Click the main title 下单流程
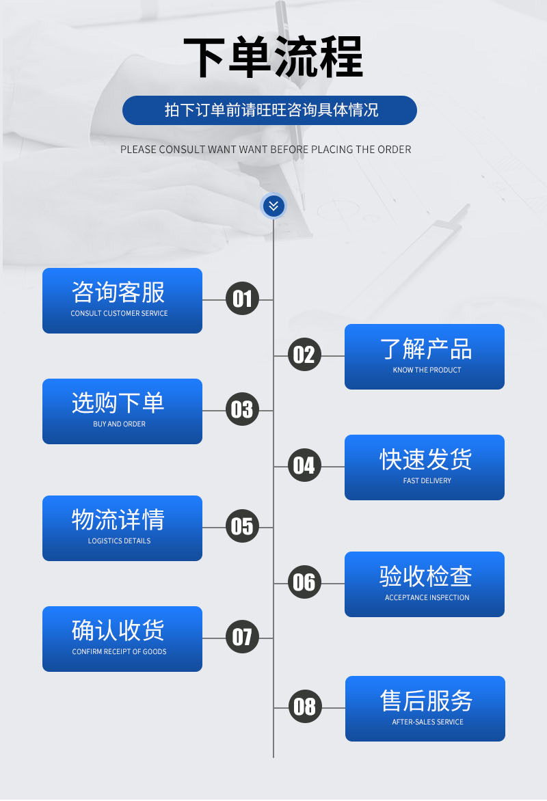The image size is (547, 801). (273, 57)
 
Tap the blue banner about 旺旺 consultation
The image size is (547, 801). (269, 110)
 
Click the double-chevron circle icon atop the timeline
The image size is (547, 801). (273, 205)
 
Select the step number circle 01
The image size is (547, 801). (242, 299)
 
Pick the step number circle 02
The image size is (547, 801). (304, 355)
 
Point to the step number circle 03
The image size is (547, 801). (242, 410)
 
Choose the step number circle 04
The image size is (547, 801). (304, 466)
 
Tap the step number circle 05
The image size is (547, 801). (242, 527)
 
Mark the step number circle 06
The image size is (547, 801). (304, 583)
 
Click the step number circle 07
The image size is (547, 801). (242, 638)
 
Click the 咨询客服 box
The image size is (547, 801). (122, 301)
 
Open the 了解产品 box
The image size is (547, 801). (425, 357)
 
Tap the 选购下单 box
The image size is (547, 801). (122, 411)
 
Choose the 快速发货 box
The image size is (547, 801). (425, 467)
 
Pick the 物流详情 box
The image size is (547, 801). (122, 528)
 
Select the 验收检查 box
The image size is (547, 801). (425, 584)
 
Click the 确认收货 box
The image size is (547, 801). (122, 639)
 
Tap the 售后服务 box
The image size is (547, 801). (425, 709)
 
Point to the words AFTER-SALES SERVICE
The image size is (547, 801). (427, 722)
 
